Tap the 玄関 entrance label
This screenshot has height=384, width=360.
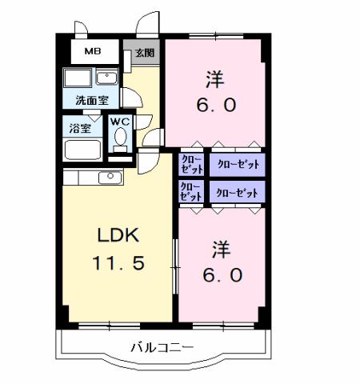pyautogui.click(x=144, y=54)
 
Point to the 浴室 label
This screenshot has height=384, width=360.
pyautogui.click(x=78, y=127)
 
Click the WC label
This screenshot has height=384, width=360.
pyautogui.click(x=120, y=122)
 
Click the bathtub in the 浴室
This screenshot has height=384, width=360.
pyautogui.click(x=81, y=150)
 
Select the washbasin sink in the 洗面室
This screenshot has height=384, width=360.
pyautogui.click(x=106, y=78)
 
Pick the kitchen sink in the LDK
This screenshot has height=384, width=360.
pyautogui.click(x=106, y=177)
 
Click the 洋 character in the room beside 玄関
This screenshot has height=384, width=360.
pyautogui.click(x=214, y=80)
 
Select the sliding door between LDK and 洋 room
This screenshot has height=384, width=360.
pyautogui.click(x=175, y=264)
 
